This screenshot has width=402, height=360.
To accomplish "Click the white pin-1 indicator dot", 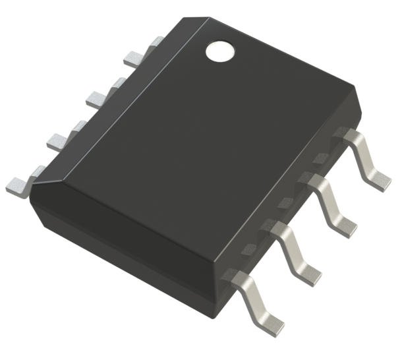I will tap(221, 51).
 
